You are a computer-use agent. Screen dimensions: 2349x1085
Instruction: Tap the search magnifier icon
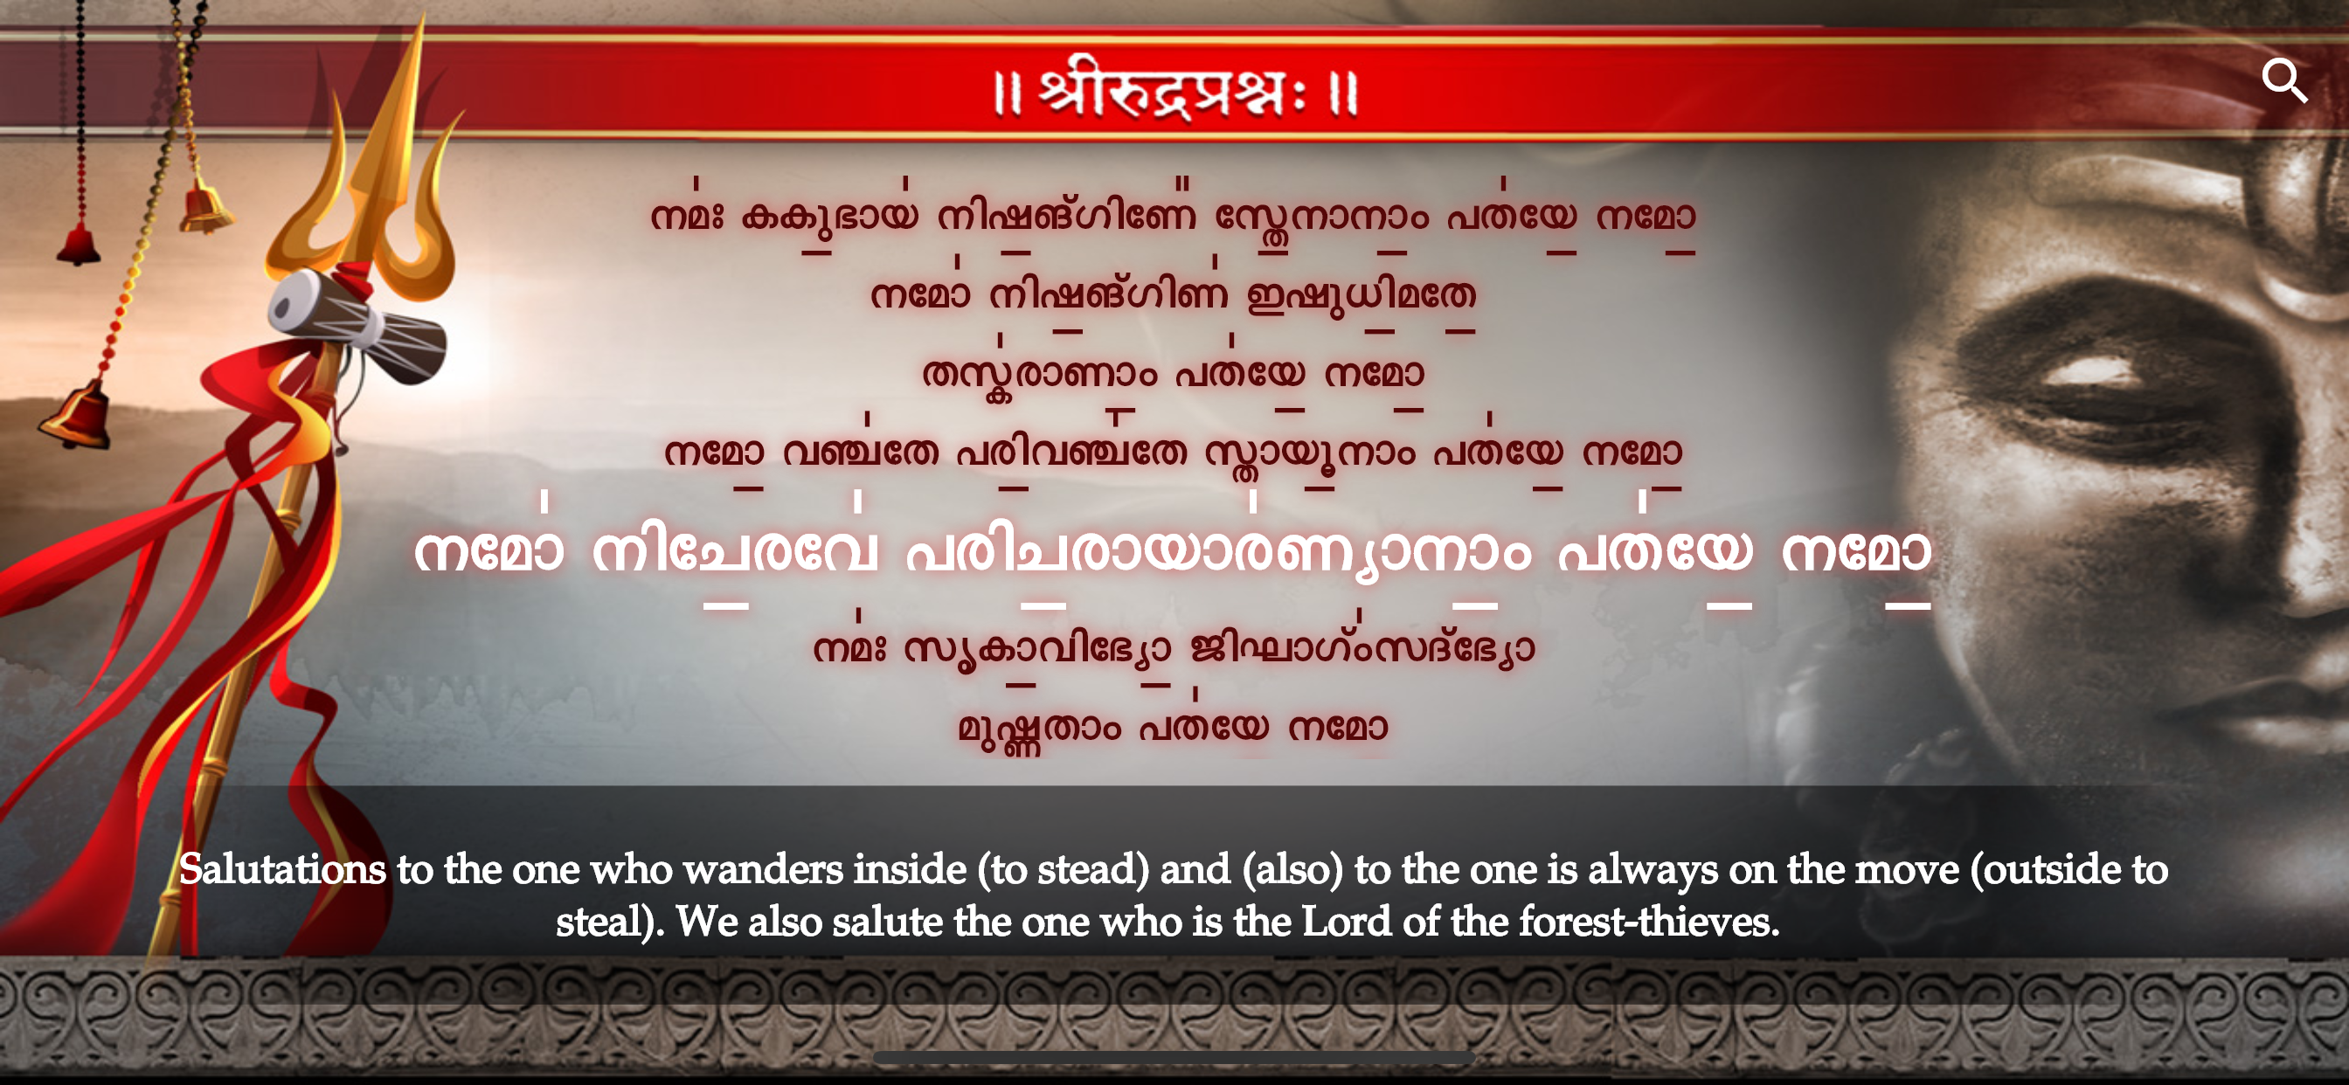pos(2284,81)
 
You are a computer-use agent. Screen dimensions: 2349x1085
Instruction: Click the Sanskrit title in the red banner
pos(1174,91)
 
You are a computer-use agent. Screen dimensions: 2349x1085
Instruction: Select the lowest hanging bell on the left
pos(77,416)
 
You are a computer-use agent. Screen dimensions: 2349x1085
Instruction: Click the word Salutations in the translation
pos(282,868)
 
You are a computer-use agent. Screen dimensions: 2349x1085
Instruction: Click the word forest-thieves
pos(1649,921)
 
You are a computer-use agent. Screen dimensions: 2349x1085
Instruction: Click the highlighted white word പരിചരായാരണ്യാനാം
pos(1218,552)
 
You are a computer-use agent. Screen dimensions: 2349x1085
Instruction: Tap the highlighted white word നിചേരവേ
pos(735,550)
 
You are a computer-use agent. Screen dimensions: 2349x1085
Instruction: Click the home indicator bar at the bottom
pos(1174,1057)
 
